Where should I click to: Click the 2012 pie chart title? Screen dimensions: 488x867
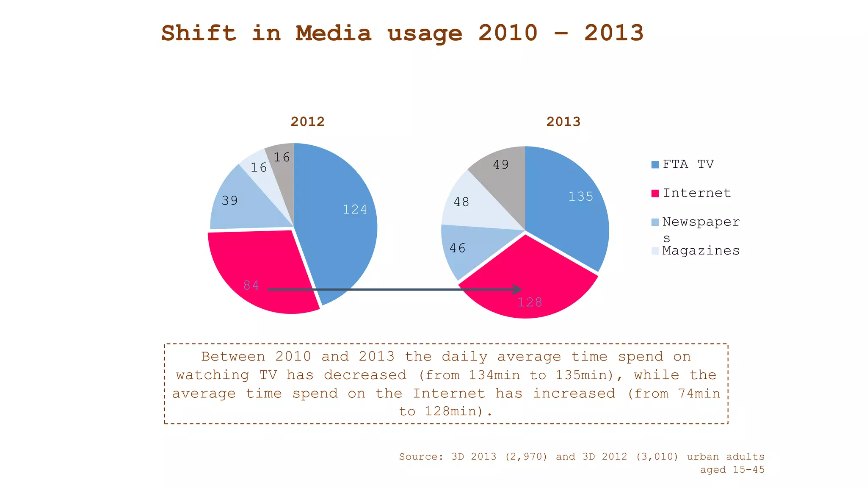[x=307, y=122]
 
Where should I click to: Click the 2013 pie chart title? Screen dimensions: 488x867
[x=563, y=122]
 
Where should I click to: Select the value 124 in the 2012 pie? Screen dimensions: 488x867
[x=355, y=209]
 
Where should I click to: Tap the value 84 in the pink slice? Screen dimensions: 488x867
[x=251, y=285]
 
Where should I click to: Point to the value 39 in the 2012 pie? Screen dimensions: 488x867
[x=230, y=200]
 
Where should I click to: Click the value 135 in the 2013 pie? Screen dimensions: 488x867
[x=580, y=197]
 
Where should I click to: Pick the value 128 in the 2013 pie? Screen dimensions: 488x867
[x=530, y=302]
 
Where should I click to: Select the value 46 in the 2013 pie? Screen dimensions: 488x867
[x=458, y=248]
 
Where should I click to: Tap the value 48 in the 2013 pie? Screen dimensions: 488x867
[x=461, y=202]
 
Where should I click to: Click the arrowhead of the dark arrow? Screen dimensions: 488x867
[x=518, y=289]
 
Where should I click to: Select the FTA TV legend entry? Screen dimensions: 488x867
[x=688, y=164]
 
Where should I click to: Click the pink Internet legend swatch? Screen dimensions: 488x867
[x=655, y=194]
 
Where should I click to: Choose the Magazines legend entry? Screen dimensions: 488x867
[x=701, y=250]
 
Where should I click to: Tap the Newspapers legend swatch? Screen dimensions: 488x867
[x=655, y=222]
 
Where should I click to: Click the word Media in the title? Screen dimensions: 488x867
[x=333, y=33]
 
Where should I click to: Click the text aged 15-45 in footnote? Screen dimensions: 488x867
[x=732, y=469]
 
